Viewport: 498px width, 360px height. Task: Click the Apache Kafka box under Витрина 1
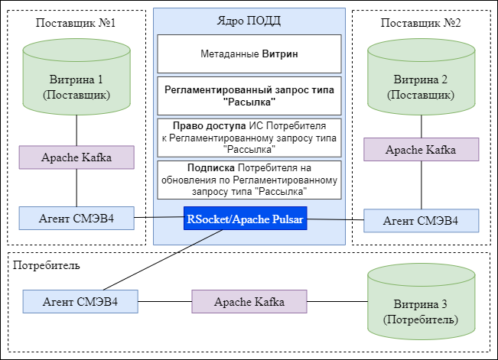point(76,157)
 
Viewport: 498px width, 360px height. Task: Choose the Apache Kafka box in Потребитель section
point(249,301)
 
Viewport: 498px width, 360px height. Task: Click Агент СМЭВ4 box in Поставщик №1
point(76,219)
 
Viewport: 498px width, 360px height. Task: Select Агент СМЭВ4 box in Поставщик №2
point(421,220)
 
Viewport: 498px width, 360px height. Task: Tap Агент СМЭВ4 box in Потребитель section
point(80,301)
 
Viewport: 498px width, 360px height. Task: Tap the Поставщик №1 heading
point(76,22)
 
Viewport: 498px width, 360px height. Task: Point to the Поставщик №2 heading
point(420,22)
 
